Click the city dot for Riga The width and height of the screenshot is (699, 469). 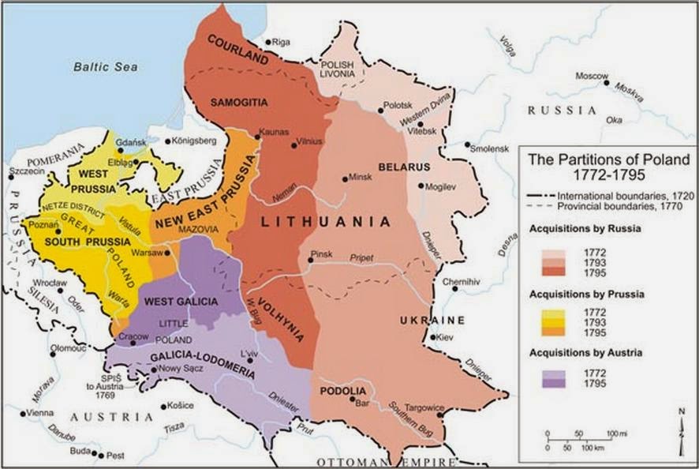268,42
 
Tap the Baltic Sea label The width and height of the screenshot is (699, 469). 106,67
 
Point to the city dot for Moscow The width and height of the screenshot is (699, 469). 605,82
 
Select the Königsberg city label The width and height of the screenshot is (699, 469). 194,141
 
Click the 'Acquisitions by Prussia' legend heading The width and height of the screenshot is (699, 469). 587,294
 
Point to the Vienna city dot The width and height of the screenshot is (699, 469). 24,413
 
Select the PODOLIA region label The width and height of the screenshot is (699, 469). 342,392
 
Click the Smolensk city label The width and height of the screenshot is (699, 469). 491,148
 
